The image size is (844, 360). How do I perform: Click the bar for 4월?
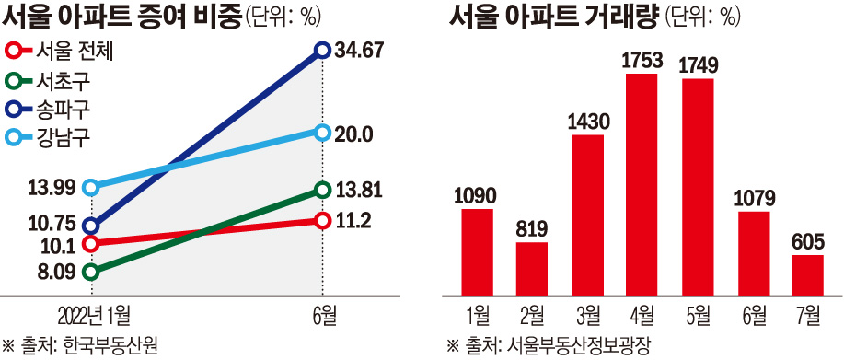tap(642, 184)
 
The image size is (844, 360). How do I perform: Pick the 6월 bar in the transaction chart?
tap(753, 253)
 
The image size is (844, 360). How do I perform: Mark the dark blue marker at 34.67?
tap(322, 50)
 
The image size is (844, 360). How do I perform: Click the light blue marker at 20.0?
tap(322, 133)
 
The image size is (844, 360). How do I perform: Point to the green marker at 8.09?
tap(90, 272)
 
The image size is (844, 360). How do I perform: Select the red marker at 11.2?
tap(322, 220)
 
